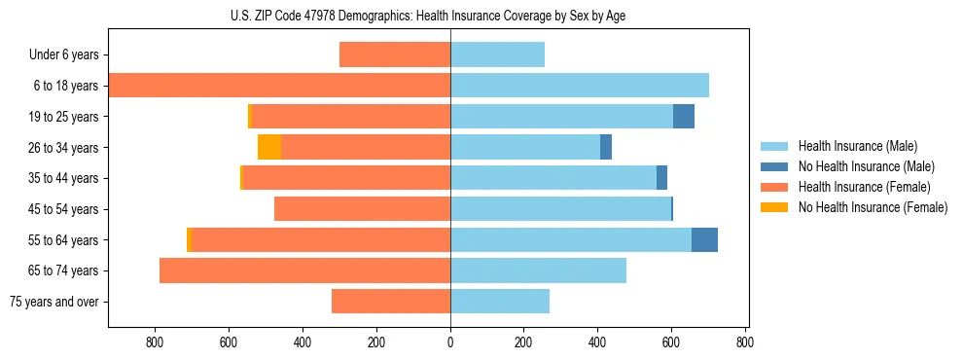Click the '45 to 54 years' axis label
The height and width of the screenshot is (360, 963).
pyautogui.click(x=61, y=209)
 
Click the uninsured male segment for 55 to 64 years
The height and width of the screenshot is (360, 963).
pyautogui.click(x=704, y=240)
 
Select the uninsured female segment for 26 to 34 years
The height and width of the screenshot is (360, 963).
pyautogui.click(x=269, y=147)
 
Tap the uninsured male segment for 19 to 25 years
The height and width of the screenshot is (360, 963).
pyautogui.click(x=684, y=117)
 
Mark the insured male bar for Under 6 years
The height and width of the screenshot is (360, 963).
pyautogui.click(x=497, y=55)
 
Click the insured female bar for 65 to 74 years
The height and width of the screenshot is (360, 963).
pyautogui.click(x=304, y=270)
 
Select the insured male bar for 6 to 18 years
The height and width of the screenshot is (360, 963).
pyautogui.click(x=580, y=86)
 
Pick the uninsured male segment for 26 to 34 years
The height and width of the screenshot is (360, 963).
pyautogui.click(x=606, y=147)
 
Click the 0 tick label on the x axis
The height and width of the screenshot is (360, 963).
pyautogui.click(x=450, y=342)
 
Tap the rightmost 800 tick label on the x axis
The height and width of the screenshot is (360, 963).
pyautogui.click(x=745, y=342)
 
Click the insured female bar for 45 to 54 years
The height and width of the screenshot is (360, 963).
pyautogui.click(x=362, y=209)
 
